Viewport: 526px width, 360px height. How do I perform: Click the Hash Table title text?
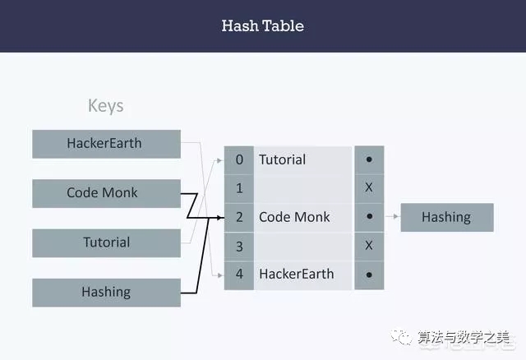pyautogui.click(x=262, y=25)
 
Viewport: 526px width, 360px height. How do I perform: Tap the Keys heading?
pyautogui.click(x=105, y=106)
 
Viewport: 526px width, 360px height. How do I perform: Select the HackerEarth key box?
pyautogui.click(x=106, y=144)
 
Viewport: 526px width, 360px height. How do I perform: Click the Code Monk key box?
pyautogui.click(x=106, y=193)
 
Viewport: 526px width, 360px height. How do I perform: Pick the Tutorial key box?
pyautogui.click(x=106, y=242)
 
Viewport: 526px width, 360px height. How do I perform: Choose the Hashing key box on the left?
pyautogui.click(x=106, y=292)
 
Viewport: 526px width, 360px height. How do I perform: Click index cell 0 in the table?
pyautogui.click(x=239, y=159)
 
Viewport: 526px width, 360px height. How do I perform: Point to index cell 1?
pyautogui.click(x=239, y=188)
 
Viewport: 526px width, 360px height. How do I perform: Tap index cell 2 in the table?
pyautogui.click(x=239, y=217)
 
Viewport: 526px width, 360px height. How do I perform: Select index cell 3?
pyautogui.click(x=239, y=246)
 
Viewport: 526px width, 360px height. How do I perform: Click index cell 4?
pyautogui.click(x=239, y=275)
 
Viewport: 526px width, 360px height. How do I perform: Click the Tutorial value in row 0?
pyautogui.click(x=282, y=159)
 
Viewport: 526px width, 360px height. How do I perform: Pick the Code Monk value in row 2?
pyautogui.click(x=294, y=217)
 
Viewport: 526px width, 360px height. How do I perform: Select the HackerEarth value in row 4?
pyautogui.click(x=297, y=275)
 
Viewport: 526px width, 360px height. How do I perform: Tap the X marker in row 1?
pyautogui.click(x=369, y=188)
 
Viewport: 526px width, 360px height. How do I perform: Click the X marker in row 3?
pyautogui.click(x=369, y=246)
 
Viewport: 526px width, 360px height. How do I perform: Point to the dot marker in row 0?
pyautogui.click(x=369, y=159)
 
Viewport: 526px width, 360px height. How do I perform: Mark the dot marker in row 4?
pyautogui.click(x=369, y=275)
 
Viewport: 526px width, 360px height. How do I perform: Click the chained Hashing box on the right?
pyautogui.click(x=446, y=217)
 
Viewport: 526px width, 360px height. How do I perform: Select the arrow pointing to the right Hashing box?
pyautogui.click(x=392, y=217)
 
